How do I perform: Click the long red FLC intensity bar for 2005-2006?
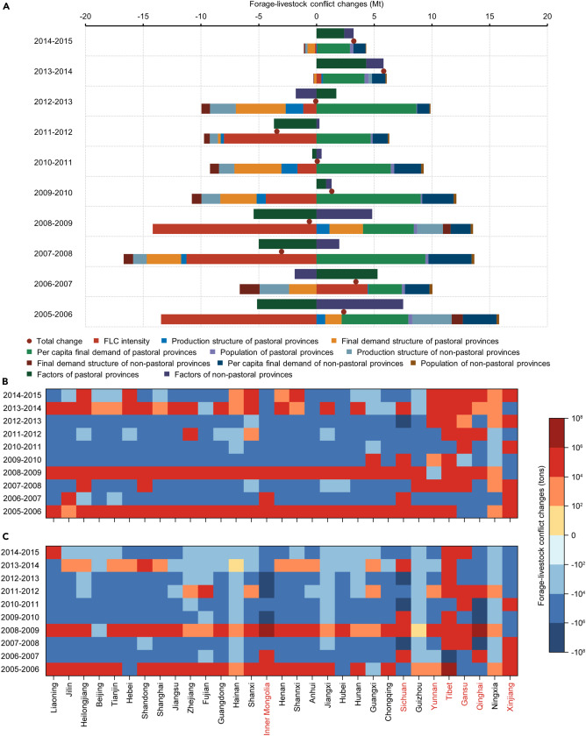tap(238, 319)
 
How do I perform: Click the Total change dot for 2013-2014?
tap(383, 72)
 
